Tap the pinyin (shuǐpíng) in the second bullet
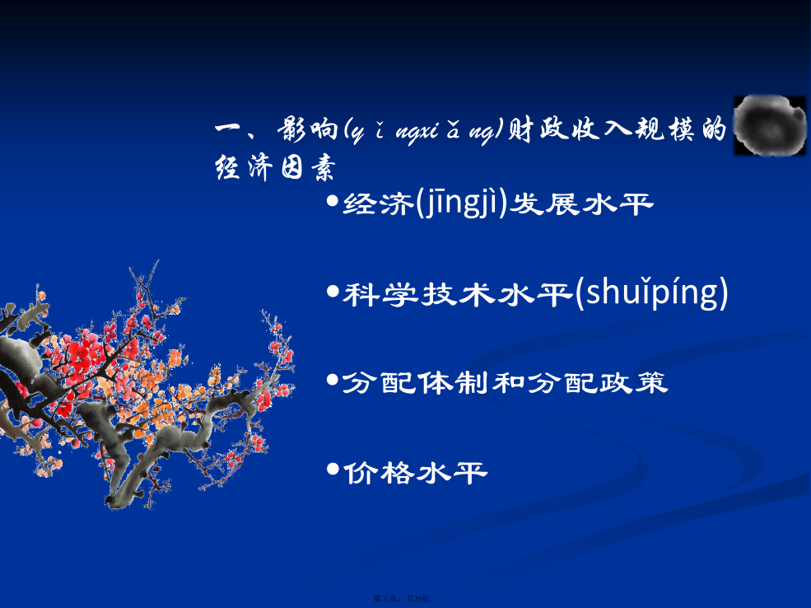point(651,292)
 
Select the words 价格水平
point(415,473)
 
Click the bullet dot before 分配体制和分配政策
point(333,381)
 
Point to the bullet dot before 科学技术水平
point(333,292)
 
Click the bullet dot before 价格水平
point(333,470)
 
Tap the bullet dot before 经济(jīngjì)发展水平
point(333,200)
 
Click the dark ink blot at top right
point(770,125)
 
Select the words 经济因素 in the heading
point(275,167)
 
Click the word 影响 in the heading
point(308,129)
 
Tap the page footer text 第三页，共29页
point(403,599)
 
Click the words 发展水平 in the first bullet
point(581,204)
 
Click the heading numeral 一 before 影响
point(229,129)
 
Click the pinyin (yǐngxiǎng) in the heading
point(423,130)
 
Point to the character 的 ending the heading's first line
point(715,129)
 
